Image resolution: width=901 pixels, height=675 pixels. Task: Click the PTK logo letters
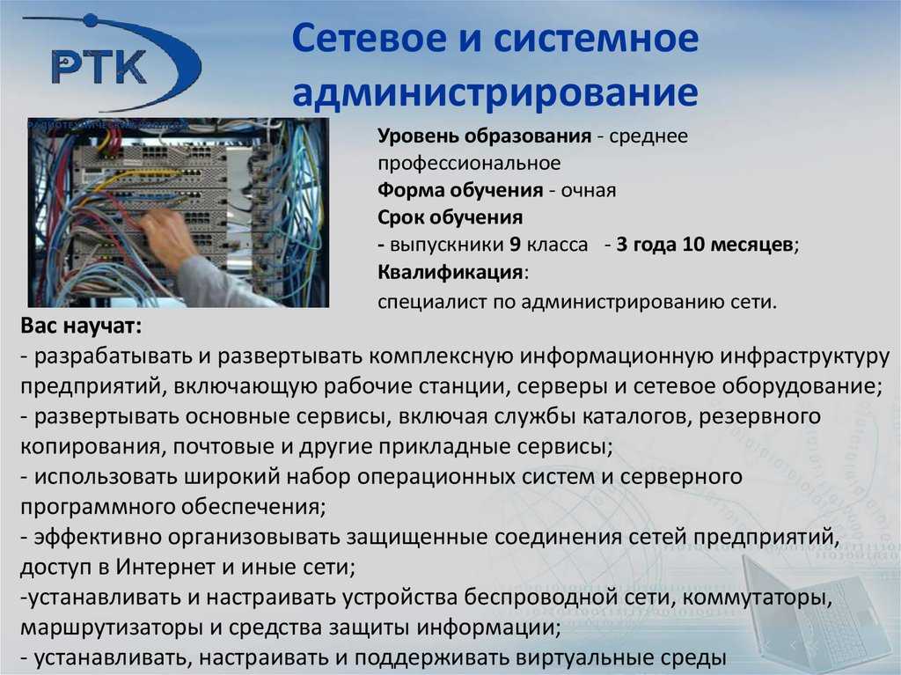click(x=99, y=67)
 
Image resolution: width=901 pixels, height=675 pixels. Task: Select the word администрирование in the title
click(x=495, y=93)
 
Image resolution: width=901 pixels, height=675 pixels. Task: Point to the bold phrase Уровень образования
click(x=485, y=136)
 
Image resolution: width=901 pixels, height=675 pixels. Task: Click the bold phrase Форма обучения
click(x=460, y=190)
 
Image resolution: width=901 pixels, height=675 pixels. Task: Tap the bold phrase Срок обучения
click(x=450, y=217)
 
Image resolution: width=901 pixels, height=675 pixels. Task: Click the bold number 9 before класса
click(x=515, y=245)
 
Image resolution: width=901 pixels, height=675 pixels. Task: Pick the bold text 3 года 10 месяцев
click(x=705, y=245)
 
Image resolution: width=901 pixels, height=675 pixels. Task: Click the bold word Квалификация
click(x=450, y=272)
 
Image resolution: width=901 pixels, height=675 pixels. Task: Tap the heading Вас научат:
click(x=81, y=326)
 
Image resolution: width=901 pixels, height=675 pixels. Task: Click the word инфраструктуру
click(x=805, y=357)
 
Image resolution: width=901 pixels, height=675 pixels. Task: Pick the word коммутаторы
click(x=758, y=598)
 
